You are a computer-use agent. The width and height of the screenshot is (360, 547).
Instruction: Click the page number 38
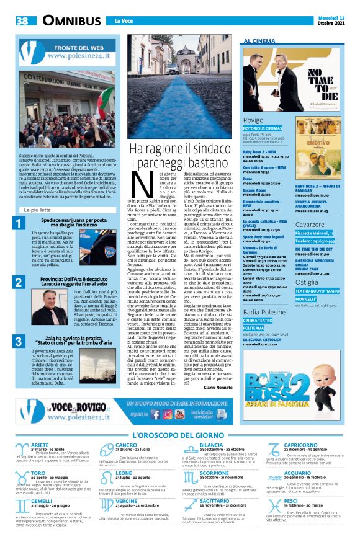click(x=22, y=20)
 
